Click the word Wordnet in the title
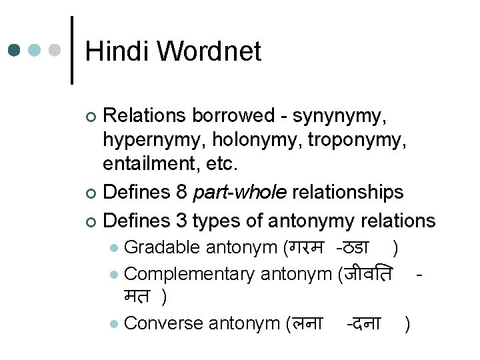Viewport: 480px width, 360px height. point(209,51)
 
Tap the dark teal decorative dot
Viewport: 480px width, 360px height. point(15,51)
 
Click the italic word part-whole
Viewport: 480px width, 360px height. point(239,193)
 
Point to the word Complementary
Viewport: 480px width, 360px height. point(189,274)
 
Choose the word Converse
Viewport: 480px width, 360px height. point(164,323)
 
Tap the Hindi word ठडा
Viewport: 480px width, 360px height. point(355,247)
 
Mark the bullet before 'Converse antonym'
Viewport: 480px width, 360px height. point(115,324)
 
